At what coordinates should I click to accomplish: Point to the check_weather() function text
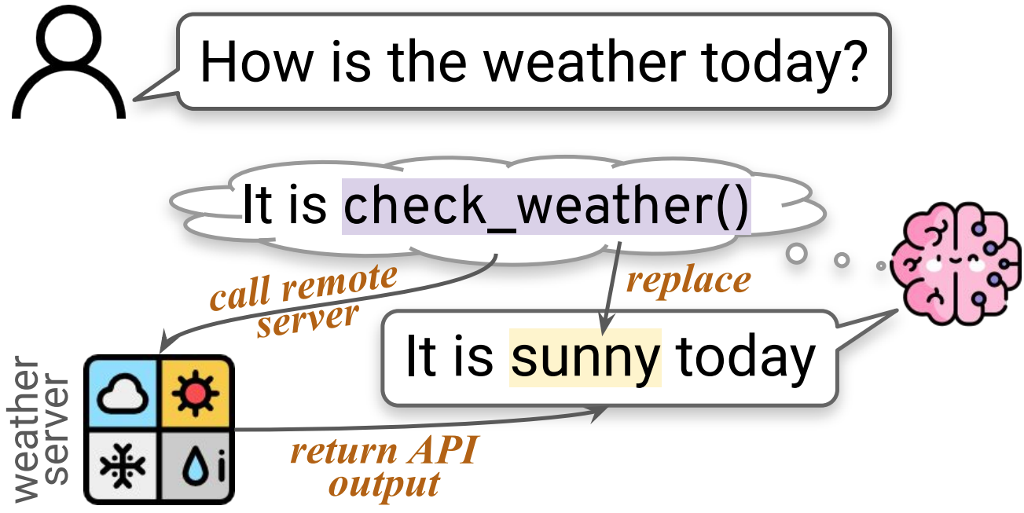546,206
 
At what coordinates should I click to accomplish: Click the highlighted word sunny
585,357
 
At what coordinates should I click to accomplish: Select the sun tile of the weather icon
196,393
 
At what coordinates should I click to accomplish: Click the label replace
688,280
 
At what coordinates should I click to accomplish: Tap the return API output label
384,467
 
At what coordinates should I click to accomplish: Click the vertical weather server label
39,431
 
